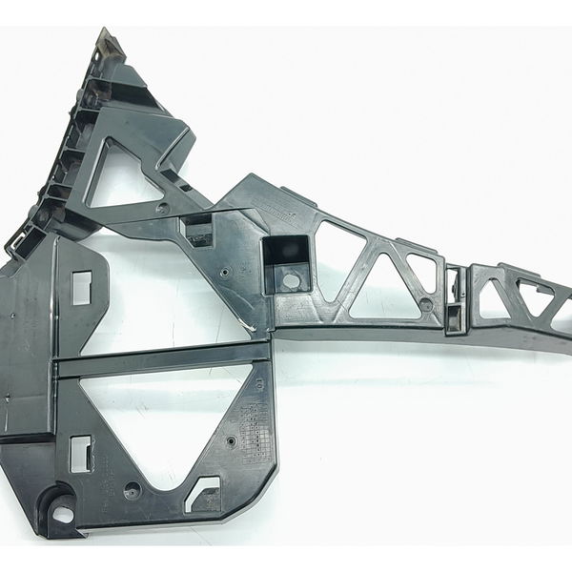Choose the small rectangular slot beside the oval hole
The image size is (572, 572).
(82, 453)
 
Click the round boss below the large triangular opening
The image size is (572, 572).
(133, 490)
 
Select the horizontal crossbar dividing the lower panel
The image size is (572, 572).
(162, 363)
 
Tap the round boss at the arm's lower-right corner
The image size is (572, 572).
(425, 305)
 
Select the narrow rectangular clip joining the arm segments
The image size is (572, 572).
(456, 298)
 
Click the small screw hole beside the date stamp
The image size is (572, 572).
(234, 441)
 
